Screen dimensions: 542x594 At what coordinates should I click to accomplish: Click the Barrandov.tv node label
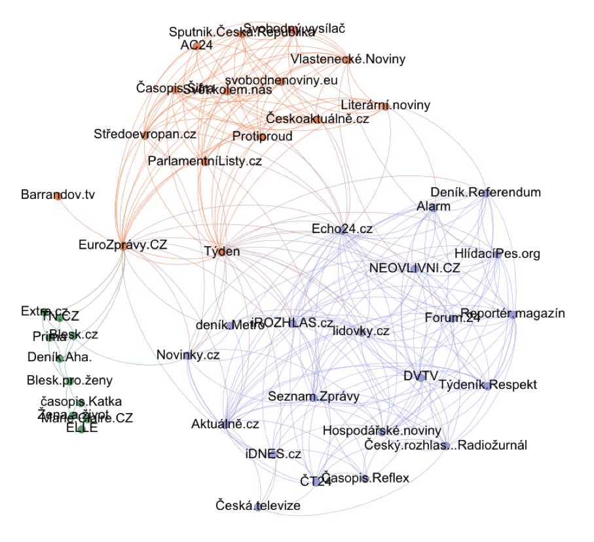(x=58, y=195)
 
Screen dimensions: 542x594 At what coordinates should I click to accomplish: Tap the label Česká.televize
(x=258, y=505)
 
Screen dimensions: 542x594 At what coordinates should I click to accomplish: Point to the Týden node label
(x=222, y=251)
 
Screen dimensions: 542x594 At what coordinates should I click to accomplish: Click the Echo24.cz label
(x=342, y=229)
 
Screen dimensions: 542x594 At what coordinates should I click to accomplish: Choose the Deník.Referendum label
(x=485, y=192)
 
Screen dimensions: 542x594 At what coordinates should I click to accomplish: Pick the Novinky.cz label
(x=188, y=355)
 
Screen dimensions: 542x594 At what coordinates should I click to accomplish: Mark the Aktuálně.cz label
(x=225, y=424)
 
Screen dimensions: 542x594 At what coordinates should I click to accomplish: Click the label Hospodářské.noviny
(x=381, y=431)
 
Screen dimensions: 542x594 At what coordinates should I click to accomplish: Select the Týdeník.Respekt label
(x=487, y=385)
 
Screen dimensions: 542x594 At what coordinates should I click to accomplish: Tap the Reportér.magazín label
(x=512, y=314)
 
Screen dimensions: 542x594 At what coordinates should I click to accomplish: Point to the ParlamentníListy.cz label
(x=205, y=161)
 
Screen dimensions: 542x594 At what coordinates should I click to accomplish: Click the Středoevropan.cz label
(x=145, y=134)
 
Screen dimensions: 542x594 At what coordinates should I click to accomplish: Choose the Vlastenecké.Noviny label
(x=348, y=59)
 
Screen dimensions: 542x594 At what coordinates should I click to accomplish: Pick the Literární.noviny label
(x=385, y=105)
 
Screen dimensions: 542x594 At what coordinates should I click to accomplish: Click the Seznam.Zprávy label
(x=314, y=396)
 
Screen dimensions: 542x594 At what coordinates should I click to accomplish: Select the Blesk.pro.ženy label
(x=69, y=380)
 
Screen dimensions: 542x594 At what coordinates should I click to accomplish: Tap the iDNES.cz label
(x=273, y=454)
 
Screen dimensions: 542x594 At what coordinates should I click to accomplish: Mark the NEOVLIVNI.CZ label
(x=415, y=268)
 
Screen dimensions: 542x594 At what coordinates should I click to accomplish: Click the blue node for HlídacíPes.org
(x=498, y=253)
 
